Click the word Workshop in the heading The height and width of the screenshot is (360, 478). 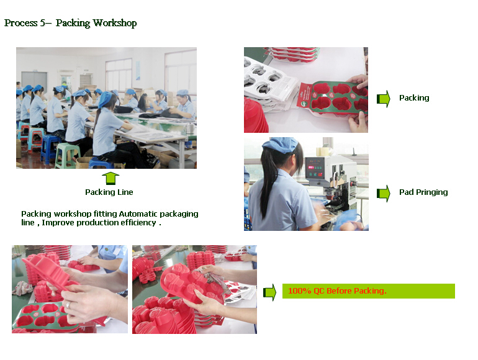pyautogui.click(x=115, y=23)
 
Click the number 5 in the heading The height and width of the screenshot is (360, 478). pyautogui.click(x=43, y=23)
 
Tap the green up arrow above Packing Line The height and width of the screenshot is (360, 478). pyautogui.click(x=110, y=178)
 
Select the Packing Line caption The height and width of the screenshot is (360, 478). pyautogui.click(x=109, y=192)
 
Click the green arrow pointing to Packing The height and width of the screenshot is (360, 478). pyautogui.click(x=384, y=99)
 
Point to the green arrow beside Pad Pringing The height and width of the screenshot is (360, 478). pyautogui.click(x=384, y=193)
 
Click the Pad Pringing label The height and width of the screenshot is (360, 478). pyautogui.click(x=423, y=192)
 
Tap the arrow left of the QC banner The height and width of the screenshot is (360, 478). pyautogui.click(x=270, y=292)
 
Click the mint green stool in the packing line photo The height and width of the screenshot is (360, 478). pyautogui.click(x=67, y=155)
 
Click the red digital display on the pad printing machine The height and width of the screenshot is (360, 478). pyautogui.click(x=311, y=168)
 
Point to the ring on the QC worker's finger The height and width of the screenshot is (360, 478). pyautogui.click(x=68, y=304)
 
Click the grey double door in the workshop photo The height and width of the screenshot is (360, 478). pyautogui.click(x=34, y=81)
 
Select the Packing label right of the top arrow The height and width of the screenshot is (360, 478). pyautogui.click(x=414, y=98)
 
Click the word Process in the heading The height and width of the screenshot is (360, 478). pyautogui.click(x=20, y=23)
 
